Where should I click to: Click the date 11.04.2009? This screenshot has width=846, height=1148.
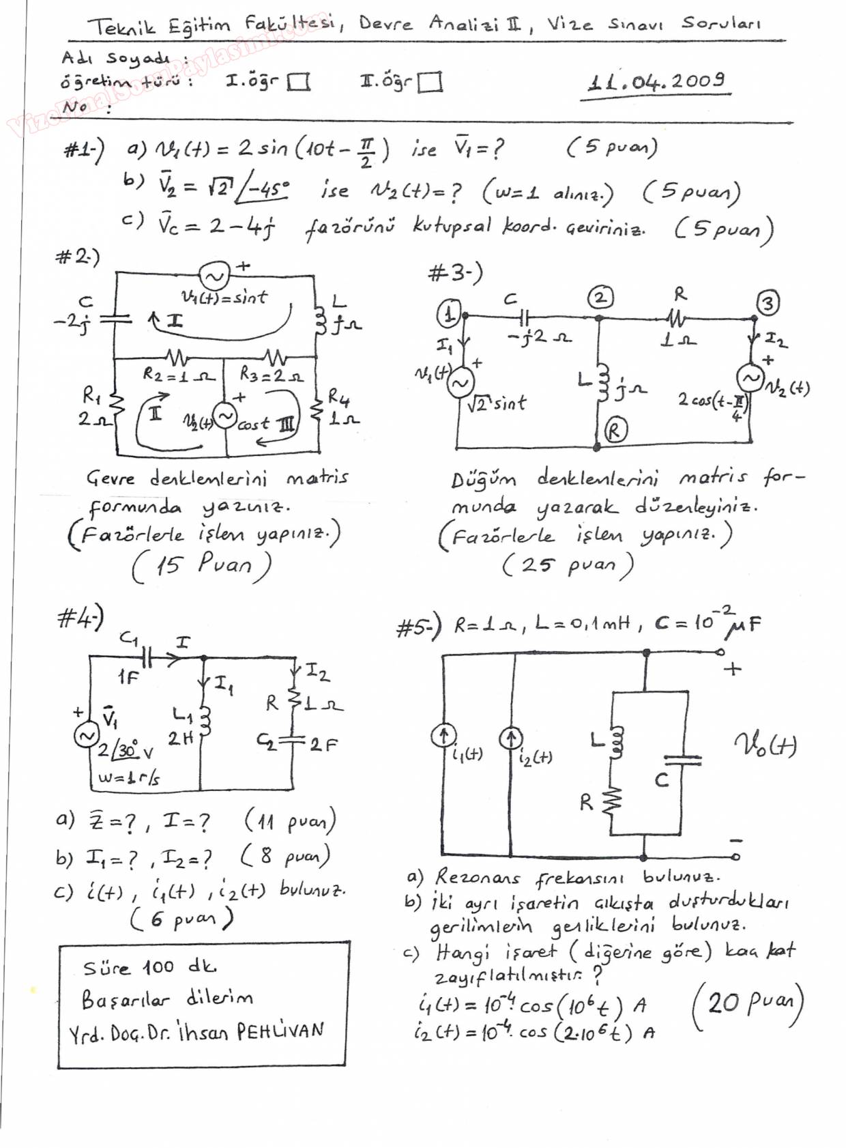(656, 83)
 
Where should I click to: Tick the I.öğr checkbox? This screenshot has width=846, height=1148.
(298, 83)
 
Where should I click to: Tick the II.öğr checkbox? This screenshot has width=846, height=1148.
(429, 83)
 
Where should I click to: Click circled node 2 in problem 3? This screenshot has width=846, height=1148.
(600, 298)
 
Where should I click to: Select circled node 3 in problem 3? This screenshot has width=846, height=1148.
(768, 303)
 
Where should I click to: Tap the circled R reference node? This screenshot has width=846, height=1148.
(615, 431)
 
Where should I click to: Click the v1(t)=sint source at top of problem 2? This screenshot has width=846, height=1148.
(213, 276)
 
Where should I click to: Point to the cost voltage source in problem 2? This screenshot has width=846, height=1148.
(224, 415)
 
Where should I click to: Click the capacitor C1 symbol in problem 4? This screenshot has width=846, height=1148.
(147, 657)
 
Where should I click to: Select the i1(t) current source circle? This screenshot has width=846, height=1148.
(443, 735)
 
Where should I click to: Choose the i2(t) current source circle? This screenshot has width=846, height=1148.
(510, 738)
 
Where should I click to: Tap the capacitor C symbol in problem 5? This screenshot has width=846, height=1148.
(682, 760)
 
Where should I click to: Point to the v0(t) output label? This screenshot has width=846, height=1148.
(765, 744)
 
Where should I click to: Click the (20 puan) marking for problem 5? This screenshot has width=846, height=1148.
(748, 1003)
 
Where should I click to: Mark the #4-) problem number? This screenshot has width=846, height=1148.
(81, 618)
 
